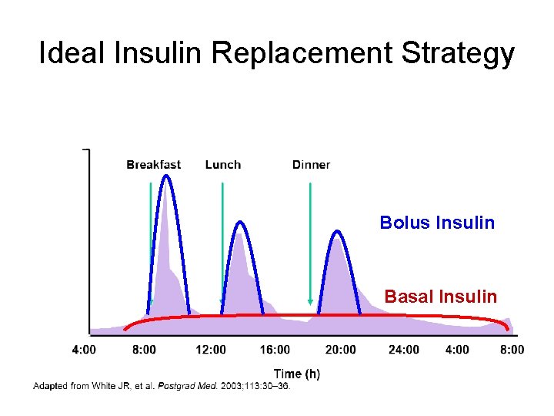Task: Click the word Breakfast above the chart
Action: pyautogui.click(x=154, y=164)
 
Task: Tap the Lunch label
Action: pyautogui.click(x=223, y=164)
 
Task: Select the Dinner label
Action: pyautogui.click(x=311, y=164)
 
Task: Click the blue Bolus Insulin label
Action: pyautogui.click(x=437, y=223)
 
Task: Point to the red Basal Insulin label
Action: pyautogui.click(x=440, y=296)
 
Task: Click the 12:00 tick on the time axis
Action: pyautogui.click(x=210, y=350)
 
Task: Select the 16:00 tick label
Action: pyautogui.click(x=275, y=350)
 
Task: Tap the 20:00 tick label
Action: pyautogui.click(x=340, y=350)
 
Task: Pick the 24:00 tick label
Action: pyautogui.click(x=404, y=350)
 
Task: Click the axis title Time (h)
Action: pyautogui.click(x=297, y=374)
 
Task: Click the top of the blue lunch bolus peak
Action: pyautogui.click(x=241, y=222)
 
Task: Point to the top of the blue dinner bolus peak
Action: pyautogui.click(x=337, y=231)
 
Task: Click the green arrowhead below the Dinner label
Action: pyautogui.click(x=310, y=301)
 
